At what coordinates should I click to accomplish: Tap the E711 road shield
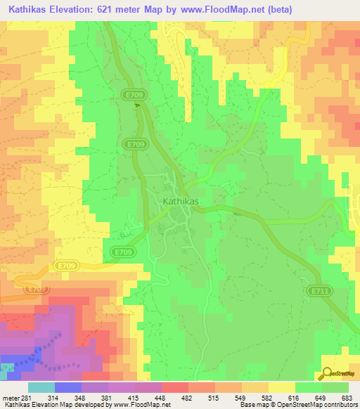tap(319, 289)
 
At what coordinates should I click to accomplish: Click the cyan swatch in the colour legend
tap(41, 387)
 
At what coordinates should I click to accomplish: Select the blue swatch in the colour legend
tap(67, 387)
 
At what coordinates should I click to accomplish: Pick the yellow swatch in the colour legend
tap(281, 387)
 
